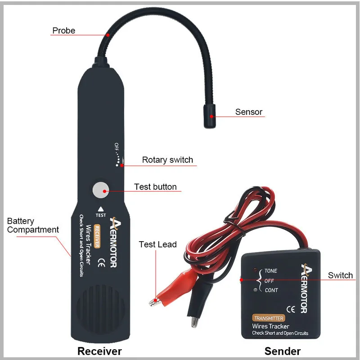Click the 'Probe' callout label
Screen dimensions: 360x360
point(63,31)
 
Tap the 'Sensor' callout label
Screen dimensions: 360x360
point(248,112)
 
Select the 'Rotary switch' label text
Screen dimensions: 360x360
point(167,160)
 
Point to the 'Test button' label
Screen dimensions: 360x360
point(155,187)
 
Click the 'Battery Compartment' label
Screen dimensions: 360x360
point(33,225)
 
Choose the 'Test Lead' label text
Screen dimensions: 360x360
point(157,244)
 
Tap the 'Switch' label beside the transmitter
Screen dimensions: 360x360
point(340,275)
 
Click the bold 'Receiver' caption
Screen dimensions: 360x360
point(99,351)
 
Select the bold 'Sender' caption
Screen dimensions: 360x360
point(283,351)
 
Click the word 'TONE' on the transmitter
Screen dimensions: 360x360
point(271,271)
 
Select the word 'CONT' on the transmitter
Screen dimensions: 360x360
point(271,290)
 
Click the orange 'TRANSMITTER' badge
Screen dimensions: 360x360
point(268,318)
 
